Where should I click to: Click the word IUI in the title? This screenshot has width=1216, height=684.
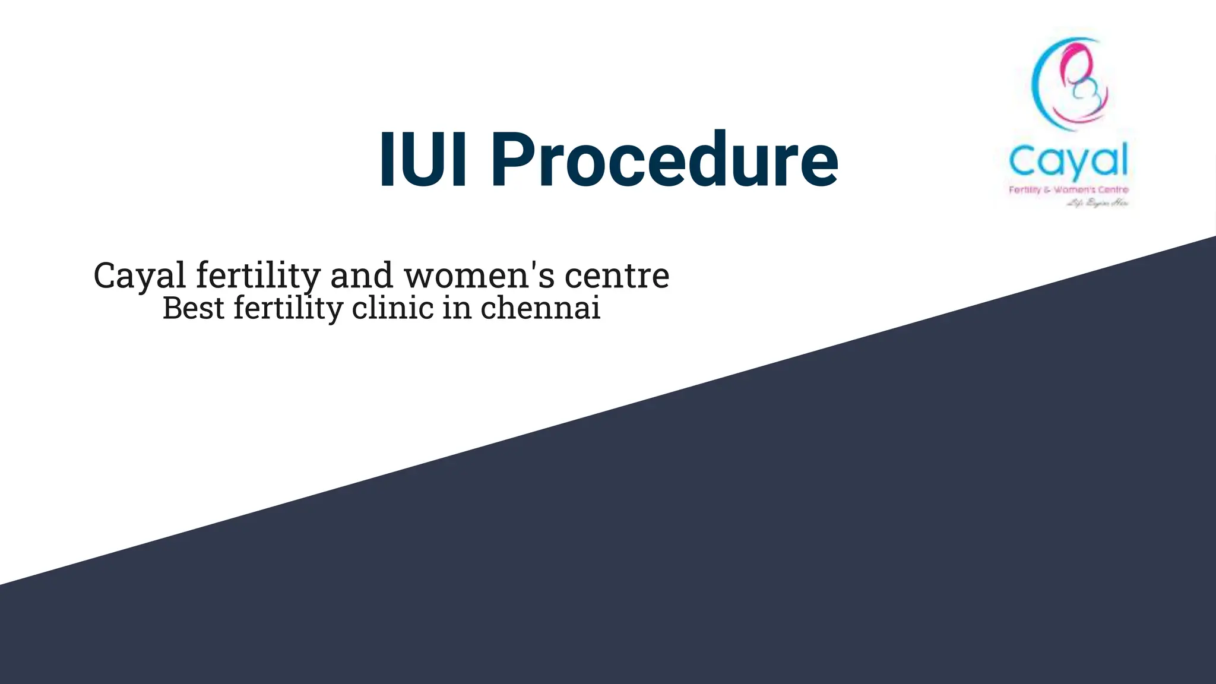tap(423, 159)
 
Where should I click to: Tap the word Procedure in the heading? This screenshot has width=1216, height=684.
tap(664, 159)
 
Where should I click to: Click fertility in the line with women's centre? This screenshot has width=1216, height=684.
tap(258, 276)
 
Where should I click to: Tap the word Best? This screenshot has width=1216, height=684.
tap(194, 308)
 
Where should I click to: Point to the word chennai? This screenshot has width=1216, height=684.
tap(540, 308)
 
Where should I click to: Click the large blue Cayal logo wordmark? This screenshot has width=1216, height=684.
tap(1068, 161)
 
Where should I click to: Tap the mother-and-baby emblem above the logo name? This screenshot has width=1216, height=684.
tap(1070, 83)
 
